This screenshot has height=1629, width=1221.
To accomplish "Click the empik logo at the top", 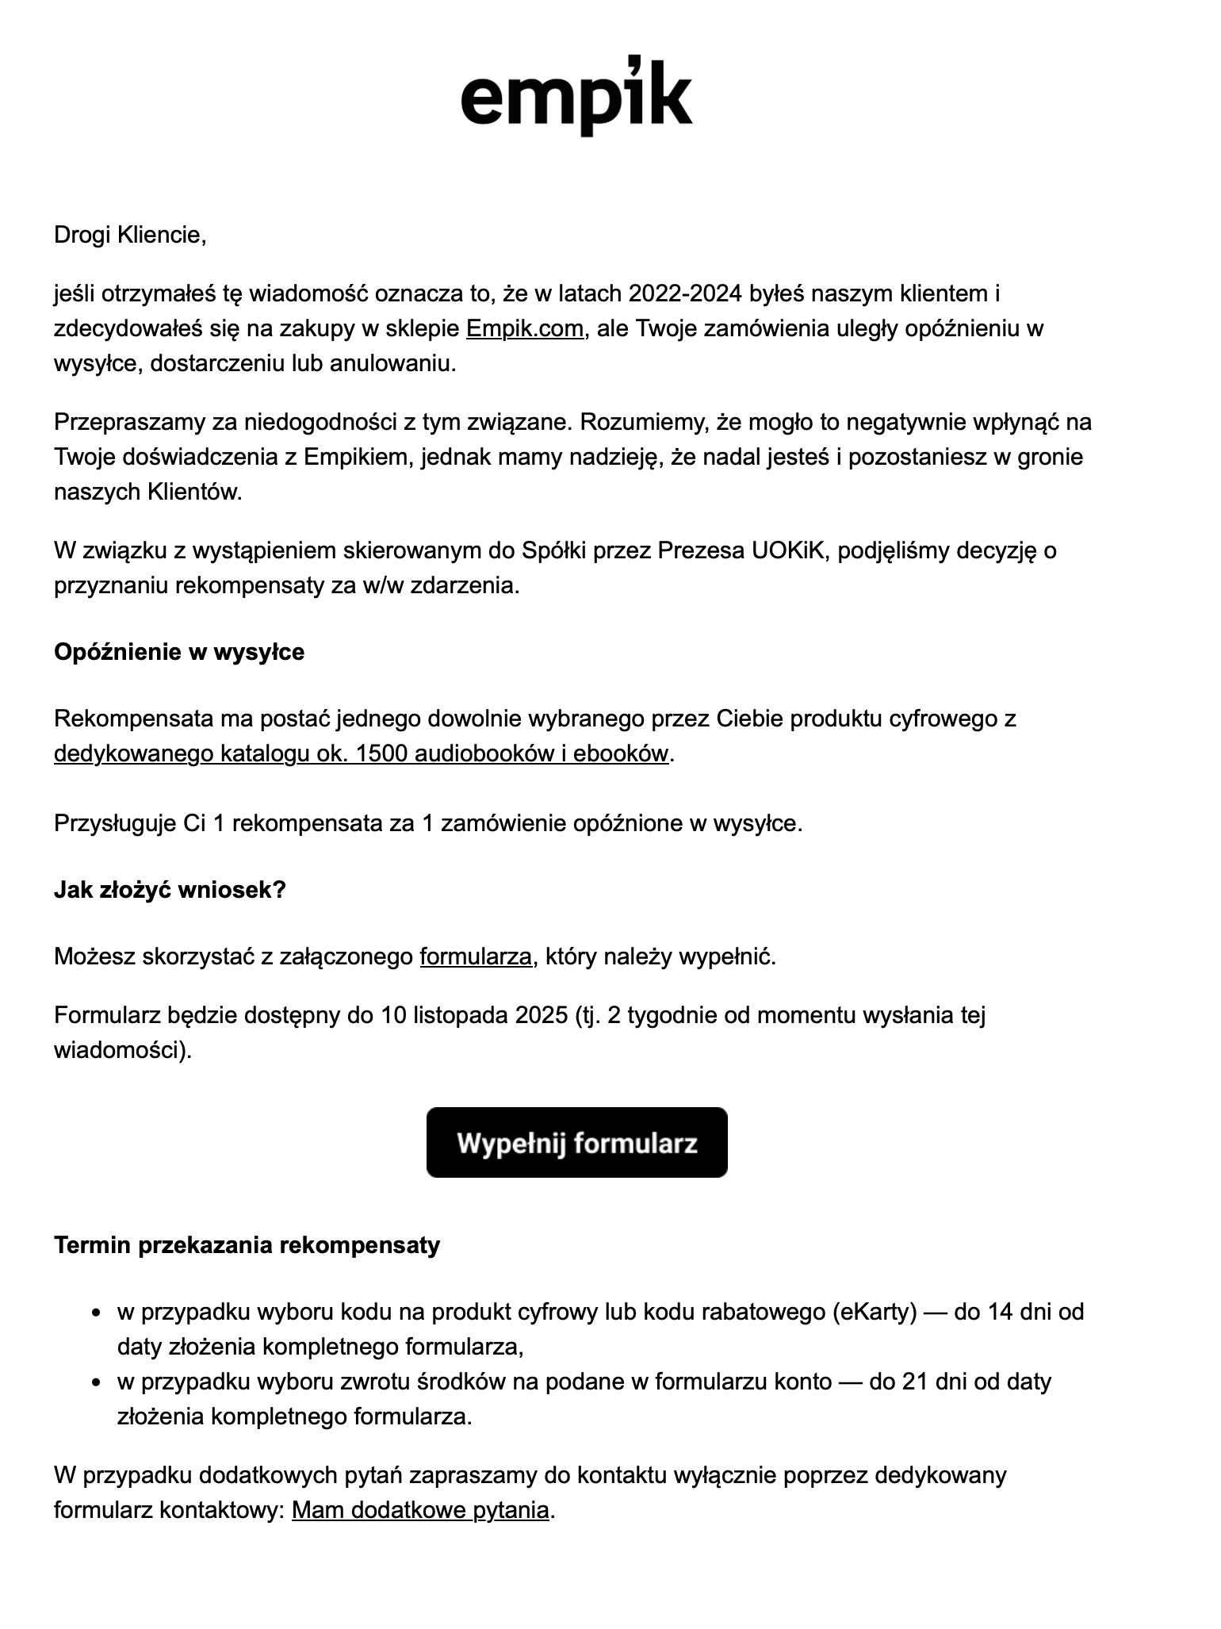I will (576, 97).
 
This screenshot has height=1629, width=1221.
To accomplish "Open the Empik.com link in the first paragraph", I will (525, 328).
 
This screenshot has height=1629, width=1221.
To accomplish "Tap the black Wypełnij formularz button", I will (576, 1142).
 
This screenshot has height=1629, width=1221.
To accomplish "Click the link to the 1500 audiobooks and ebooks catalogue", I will (362, 753).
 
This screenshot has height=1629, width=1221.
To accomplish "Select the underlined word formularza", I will (476, 956).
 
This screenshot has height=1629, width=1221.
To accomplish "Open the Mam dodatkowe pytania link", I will (420, 1510).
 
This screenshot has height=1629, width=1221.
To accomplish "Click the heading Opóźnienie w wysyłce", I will (179, 652).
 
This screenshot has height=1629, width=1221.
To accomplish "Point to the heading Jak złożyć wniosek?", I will (170, 890).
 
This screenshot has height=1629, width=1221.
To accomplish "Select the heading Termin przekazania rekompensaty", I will (247, 1245).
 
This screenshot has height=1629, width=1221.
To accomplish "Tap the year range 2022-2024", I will (686, 293).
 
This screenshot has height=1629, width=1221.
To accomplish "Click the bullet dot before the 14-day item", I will (97, 1313).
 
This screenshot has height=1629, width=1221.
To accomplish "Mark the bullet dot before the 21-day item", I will (97, 1383).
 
